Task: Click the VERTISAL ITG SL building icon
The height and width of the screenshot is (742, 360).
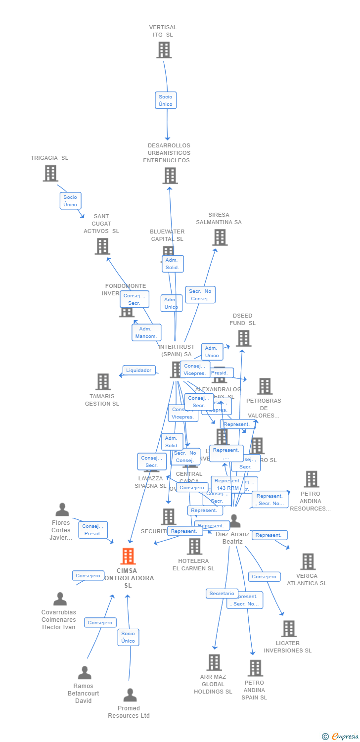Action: coord(164,50)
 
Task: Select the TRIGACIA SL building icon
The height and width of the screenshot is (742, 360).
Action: coord(50,173)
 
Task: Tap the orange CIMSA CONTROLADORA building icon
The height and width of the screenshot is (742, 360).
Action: coord(128,556)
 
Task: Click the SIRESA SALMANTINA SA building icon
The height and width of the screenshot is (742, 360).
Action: coord(220,237)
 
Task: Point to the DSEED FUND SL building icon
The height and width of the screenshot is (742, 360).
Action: coord(243,338)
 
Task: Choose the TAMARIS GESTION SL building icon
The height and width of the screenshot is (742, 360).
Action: coord(103,382)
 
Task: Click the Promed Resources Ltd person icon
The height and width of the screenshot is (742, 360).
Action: coord(130,695)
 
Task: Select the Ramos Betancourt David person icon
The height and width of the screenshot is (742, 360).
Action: coord(85,673)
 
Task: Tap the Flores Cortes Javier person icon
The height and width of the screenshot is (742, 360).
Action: coord(62,510)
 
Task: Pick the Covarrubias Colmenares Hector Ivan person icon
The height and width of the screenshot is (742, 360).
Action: coord(60,599)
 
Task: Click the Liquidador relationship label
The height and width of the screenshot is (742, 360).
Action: coord(139,371)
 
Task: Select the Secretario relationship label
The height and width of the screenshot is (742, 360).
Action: coord(222,594)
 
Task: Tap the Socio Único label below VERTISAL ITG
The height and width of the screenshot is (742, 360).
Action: coord(166,100)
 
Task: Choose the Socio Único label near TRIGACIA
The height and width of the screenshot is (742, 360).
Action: coord(70,201)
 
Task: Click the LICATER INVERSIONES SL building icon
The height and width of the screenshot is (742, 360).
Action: coord(289,629)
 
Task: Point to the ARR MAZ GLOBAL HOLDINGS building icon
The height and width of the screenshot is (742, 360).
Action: coord(214,662)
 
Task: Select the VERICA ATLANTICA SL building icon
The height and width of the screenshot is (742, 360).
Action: coord(308,561)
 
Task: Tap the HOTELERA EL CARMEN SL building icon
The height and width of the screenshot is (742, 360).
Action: coord(194,547)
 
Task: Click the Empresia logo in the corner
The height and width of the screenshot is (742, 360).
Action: coord(341,736)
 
